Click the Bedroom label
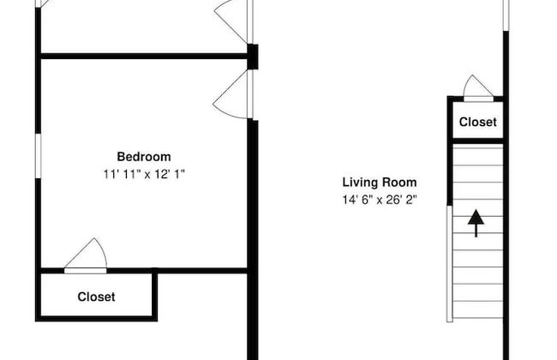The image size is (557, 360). (144, 157)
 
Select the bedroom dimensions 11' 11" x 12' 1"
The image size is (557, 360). (144, 174)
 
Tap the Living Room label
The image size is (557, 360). (380, 183)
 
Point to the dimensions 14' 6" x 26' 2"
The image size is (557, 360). (380, 200)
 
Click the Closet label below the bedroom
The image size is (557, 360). (96, 297)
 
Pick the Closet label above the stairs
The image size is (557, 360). (478, 122)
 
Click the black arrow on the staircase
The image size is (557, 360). (476, 223)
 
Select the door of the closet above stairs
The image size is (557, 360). (478, 88)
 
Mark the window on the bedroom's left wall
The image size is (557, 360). (38, 156)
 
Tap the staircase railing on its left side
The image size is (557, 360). (450, 264)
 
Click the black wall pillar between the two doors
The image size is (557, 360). (253, 57)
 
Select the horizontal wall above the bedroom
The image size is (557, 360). (144, 57)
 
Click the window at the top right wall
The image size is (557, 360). (506, 15)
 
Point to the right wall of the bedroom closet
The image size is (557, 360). (155, 293)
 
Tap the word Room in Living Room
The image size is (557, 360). (399, 183)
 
